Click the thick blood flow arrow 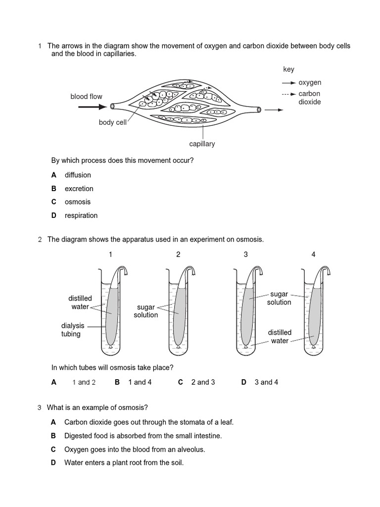[96, 106]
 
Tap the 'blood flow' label [86, 97]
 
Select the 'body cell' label [112, 122]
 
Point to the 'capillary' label [202, 144]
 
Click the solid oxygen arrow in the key [289, 83]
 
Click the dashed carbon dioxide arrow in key [289, 94]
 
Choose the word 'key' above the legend [288, 69]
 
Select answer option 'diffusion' [78, 175]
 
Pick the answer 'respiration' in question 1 [81, 215]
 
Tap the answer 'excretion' [79, 189]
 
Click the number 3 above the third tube [245, 254]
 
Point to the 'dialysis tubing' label [73, 330]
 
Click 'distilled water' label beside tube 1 [80, 303]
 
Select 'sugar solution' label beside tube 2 [146, 311]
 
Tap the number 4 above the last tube [313, 254]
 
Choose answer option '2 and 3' [203, 382]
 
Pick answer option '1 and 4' [140, 382]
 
